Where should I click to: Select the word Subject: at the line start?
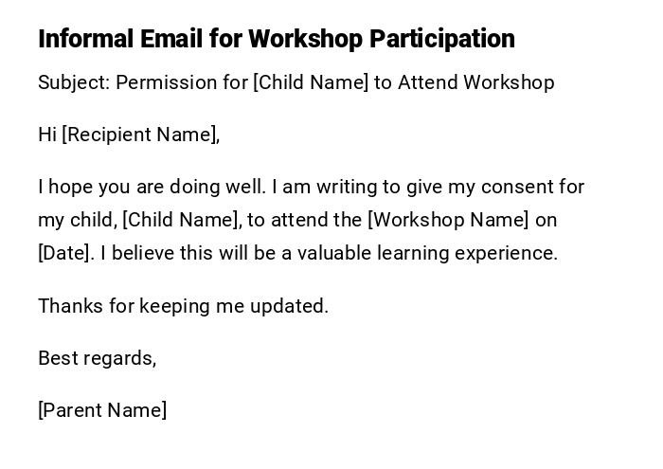(74, 82)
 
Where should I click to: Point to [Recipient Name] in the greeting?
(141, 135)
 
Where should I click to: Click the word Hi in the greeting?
(47, 135)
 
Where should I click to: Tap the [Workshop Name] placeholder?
(448, 220)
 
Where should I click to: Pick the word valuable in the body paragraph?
(334, 253)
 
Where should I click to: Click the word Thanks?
(69, 306)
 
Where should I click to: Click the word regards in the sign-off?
(120, 358)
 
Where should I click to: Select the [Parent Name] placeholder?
(102, 410)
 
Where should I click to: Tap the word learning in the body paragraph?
(413, 253)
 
